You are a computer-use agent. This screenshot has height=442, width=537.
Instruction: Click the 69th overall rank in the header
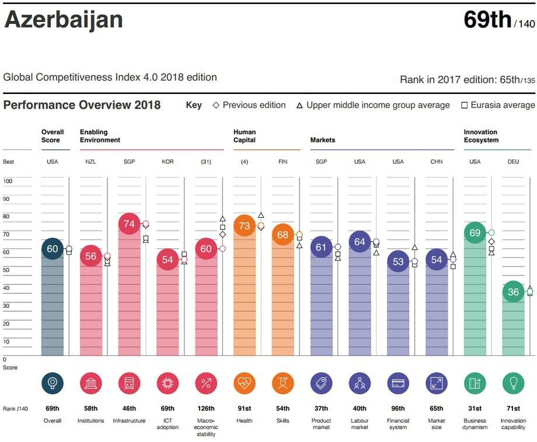click(487, 20)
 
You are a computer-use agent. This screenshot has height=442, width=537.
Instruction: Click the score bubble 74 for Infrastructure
click(129, 224)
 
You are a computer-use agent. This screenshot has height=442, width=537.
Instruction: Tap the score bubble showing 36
click(513, 293)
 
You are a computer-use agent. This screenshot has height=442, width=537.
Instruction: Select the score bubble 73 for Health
click(244, 225)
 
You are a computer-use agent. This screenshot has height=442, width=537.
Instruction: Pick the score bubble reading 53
click(398, 262)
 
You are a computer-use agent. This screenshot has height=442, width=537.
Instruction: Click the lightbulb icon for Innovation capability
click(513, 384)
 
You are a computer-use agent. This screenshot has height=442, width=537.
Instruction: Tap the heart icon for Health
click(244, 384)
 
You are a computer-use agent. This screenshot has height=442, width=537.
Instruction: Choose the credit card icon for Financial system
click(398, 384)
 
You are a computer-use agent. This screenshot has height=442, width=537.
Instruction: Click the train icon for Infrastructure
click(129, 384)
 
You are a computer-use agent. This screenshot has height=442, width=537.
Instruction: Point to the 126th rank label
click(206, 409)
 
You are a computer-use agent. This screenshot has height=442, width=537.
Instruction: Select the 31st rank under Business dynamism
click(475, 409)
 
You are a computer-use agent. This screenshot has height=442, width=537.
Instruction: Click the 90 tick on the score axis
click(8, 199)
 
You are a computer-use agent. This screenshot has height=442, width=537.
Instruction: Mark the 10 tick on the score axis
click(7, 342)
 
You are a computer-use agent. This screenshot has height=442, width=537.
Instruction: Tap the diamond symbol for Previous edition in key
click(216, 106)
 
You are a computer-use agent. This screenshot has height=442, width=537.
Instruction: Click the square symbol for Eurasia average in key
click(465, 106)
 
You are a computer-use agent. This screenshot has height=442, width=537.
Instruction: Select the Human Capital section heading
click(245, 136)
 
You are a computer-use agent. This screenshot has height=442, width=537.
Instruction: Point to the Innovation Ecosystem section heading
click(481, 136)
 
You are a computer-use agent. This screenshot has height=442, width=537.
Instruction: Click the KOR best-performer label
click(168, 162)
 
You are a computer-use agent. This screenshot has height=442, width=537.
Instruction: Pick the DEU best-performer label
click(513, 162)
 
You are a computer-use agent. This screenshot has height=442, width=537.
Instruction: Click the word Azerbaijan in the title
click(64, 20)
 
